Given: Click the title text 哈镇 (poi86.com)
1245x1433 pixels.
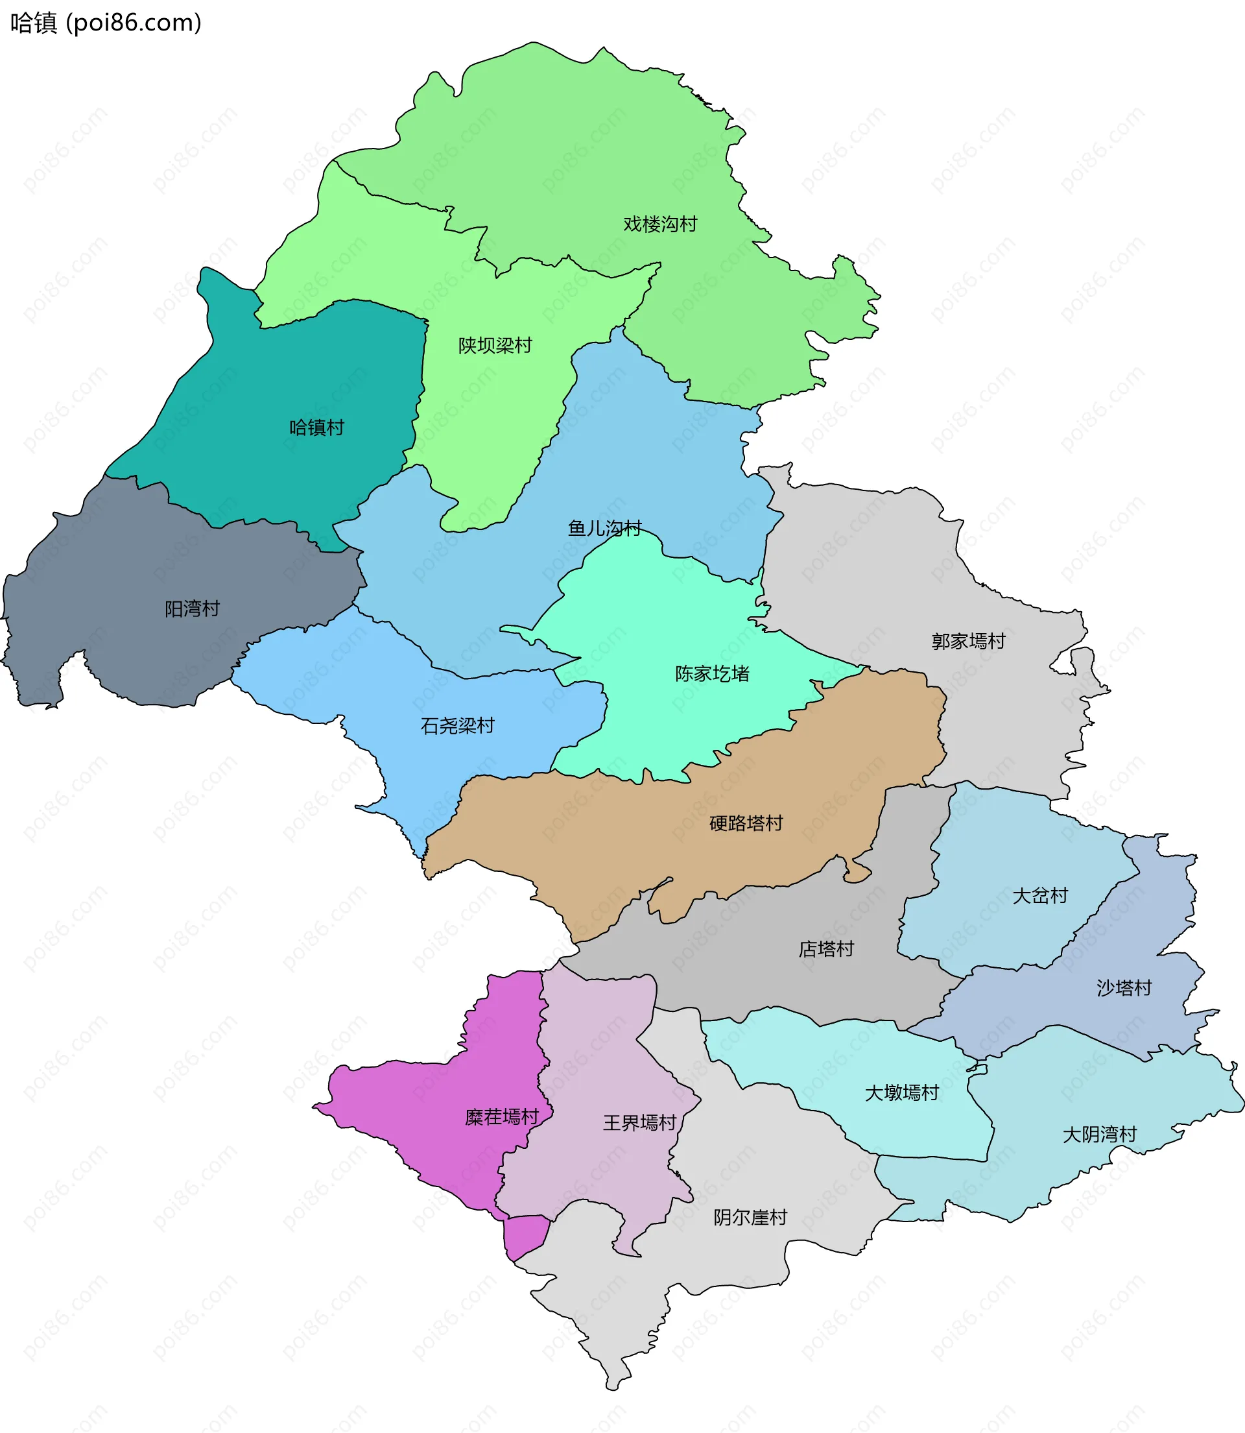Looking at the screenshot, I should tap(106, 23).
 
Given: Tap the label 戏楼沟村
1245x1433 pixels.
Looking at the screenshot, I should tap(659, 224).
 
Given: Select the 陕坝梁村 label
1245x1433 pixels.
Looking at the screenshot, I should tap(495, 345).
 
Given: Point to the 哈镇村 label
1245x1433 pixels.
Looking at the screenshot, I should tap(317, 427).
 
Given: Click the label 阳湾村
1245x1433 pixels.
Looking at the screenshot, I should tap(193, 608).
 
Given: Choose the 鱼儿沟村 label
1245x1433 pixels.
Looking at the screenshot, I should tap(604, 528).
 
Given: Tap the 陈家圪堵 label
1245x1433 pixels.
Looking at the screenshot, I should tap(712, 673).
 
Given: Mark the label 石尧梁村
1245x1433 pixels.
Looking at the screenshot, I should tap(457, 726).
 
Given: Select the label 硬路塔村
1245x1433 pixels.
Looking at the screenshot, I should tap(746, 823).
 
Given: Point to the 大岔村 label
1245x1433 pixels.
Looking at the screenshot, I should tap(1040, 896).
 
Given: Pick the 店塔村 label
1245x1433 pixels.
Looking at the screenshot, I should tap(826, 949).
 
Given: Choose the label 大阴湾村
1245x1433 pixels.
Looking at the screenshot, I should tap(1099, 1135).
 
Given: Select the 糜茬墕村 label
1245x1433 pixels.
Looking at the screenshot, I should tap(502, 1117).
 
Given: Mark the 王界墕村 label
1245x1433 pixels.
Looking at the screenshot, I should tap(639, 1123).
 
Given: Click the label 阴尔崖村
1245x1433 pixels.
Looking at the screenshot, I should tap(750, 1218).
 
